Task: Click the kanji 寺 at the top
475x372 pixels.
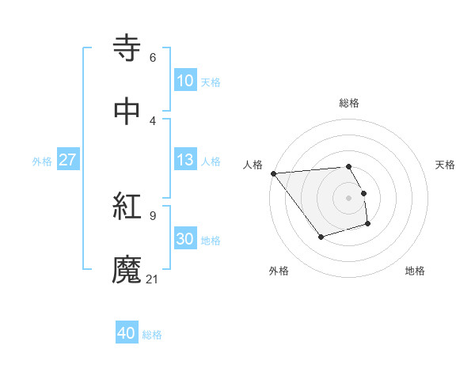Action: tap(127, 48)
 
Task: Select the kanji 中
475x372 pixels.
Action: tap(127, 112)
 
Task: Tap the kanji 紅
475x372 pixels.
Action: tap(127, 207)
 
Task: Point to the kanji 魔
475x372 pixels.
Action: tap(127, 270)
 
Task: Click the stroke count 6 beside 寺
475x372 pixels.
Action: tap(152, 57)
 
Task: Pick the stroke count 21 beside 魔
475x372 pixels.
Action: tap(153, 279)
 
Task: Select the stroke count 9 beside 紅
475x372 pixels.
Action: tap(152, 215)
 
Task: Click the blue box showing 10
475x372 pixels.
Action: tap(184, 80)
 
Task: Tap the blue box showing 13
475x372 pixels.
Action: tap(184, 160)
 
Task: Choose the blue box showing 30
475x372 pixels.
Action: tap(184, 239)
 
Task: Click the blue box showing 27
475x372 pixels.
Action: tap(67, 160)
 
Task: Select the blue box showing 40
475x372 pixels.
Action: tap(127, 333)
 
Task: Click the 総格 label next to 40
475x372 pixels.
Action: tap(152, 335)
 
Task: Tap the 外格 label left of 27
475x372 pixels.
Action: tap(42, 161)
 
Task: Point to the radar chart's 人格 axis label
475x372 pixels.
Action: tap(253, 165)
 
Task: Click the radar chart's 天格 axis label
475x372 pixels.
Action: tap(446, 165)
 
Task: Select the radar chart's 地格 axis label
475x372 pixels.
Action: tap(415, 271)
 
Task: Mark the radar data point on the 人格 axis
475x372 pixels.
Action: tap(273, 173)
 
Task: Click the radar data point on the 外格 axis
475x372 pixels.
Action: tap(321, 237)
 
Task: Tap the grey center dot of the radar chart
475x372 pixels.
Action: tap(348, 197)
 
